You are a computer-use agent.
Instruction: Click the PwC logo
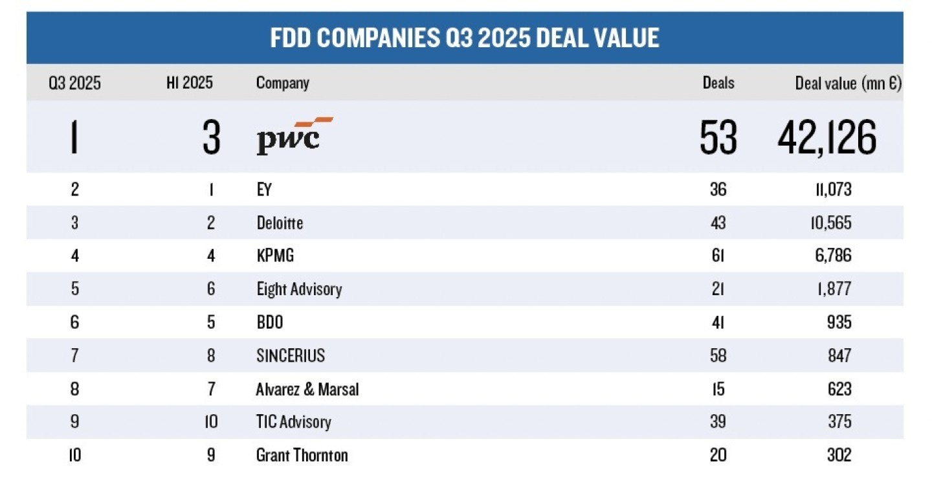click(x=294, y=135)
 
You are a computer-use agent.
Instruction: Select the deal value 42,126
click(x=827, y=138)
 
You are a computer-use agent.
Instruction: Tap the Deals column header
click(x=718, y=83)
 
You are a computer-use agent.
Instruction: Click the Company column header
click(x=283, y=83)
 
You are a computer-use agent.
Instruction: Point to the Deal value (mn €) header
click(x=848, y=83)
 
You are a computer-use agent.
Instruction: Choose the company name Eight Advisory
click(x=299, y=289)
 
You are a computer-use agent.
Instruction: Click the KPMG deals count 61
click(x=718, y=256)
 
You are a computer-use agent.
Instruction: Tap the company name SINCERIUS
click(x=291, y=355)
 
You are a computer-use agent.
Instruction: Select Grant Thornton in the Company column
click(x=302, y=455)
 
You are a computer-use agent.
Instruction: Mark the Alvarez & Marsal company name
click(x=307, y=389)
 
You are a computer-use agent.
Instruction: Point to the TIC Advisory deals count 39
click(x=718, y=422)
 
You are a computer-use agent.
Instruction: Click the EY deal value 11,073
click(x=825, y=190)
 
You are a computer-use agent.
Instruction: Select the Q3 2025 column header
click(x=75, y=83)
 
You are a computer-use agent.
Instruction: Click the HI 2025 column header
click(x=190, y=83)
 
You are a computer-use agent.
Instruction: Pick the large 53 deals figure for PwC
click(x=718, y=138)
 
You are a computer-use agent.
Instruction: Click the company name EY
click(x=265, y=190)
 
